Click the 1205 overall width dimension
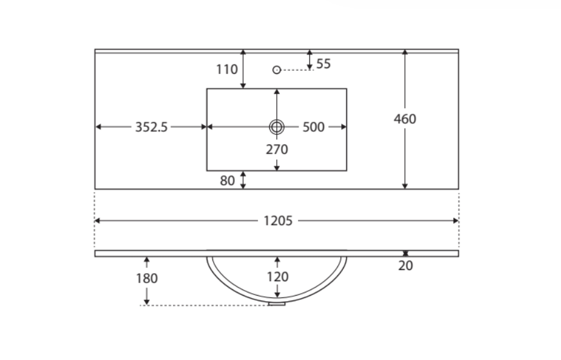point(278,221)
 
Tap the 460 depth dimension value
point(405,119)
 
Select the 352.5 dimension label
point(151,127)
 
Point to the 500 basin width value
point(314,127)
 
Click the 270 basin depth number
point(277,149)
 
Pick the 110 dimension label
point(227,69)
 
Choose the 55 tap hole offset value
point(324,64)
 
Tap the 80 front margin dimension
point(227,181)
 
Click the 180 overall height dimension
point(147,278)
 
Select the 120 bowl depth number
point(277,277)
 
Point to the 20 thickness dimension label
point(405,266)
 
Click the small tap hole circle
point(277,70)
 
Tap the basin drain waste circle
point(277,127)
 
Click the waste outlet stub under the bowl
point(277,304)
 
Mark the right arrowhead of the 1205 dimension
point(456,221)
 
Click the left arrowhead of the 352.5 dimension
point(98,127)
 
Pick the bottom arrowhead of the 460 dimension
point(405,186)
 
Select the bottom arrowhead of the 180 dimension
point(147,302)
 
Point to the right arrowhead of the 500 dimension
point(344,127)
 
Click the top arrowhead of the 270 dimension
point(277,92)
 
